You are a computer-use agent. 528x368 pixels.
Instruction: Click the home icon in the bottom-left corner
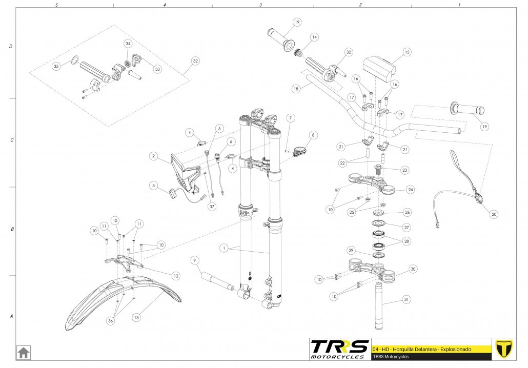24,353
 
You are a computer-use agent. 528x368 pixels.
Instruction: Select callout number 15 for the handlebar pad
407,52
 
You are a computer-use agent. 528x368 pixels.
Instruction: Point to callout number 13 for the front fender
136,318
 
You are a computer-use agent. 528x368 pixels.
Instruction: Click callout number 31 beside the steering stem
407,299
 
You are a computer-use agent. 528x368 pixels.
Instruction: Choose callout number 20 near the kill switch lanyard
494,214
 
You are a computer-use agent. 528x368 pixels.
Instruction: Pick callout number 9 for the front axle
195,260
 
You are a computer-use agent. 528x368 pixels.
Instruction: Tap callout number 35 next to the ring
56,66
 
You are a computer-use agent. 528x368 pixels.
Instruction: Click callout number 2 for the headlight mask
153,155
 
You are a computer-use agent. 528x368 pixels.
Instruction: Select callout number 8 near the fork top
313,135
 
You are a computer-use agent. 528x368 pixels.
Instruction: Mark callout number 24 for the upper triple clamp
410,189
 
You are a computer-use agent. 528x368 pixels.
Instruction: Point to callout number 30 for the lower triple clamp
413,269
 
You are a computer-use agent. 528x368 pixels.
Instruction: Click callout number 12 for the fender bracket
176,276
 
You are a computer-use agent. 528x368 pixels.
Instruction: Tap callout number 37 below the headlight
211,207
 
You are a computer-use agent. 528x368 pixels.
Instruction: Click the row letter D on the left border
11,47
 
